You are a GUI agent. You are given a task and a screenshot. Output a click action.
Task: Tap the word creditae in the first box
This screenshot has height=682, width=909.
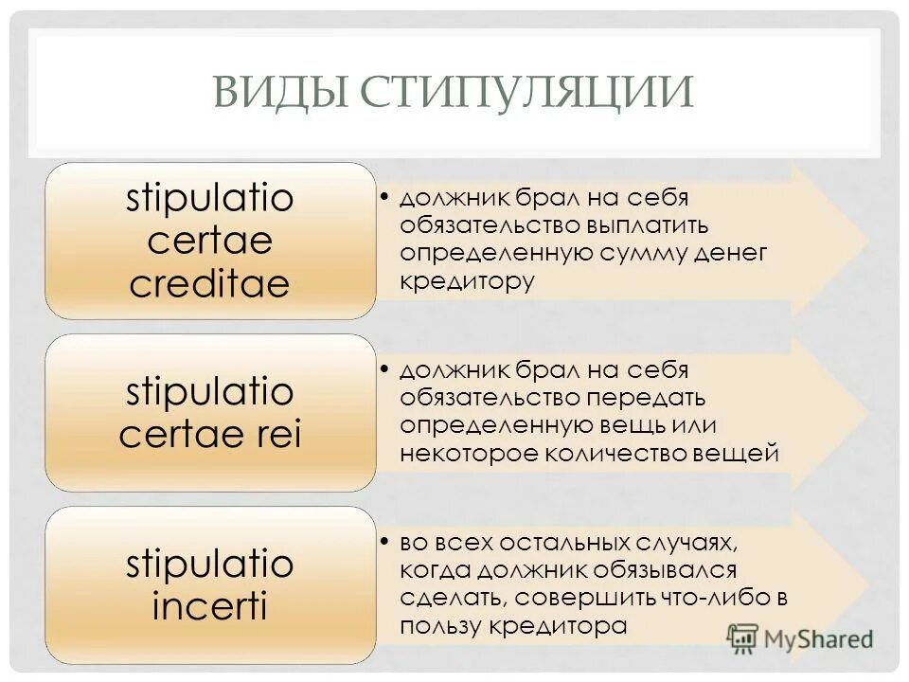[209, 284]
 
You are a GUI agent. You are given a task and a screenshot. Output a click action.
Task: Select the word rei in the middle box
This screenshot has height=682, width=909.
[276, 434]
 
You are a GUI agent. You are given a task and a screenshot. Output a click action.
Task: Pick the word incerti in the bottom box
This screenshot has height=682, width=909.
[209, 606]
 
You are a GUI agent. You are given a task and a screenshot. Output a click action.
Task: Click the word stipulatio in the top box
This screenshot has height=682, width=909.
[209, 199]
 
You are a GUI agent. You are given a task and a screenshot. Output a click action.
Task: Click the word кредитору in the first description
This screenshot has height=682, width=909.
[467, 280]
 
